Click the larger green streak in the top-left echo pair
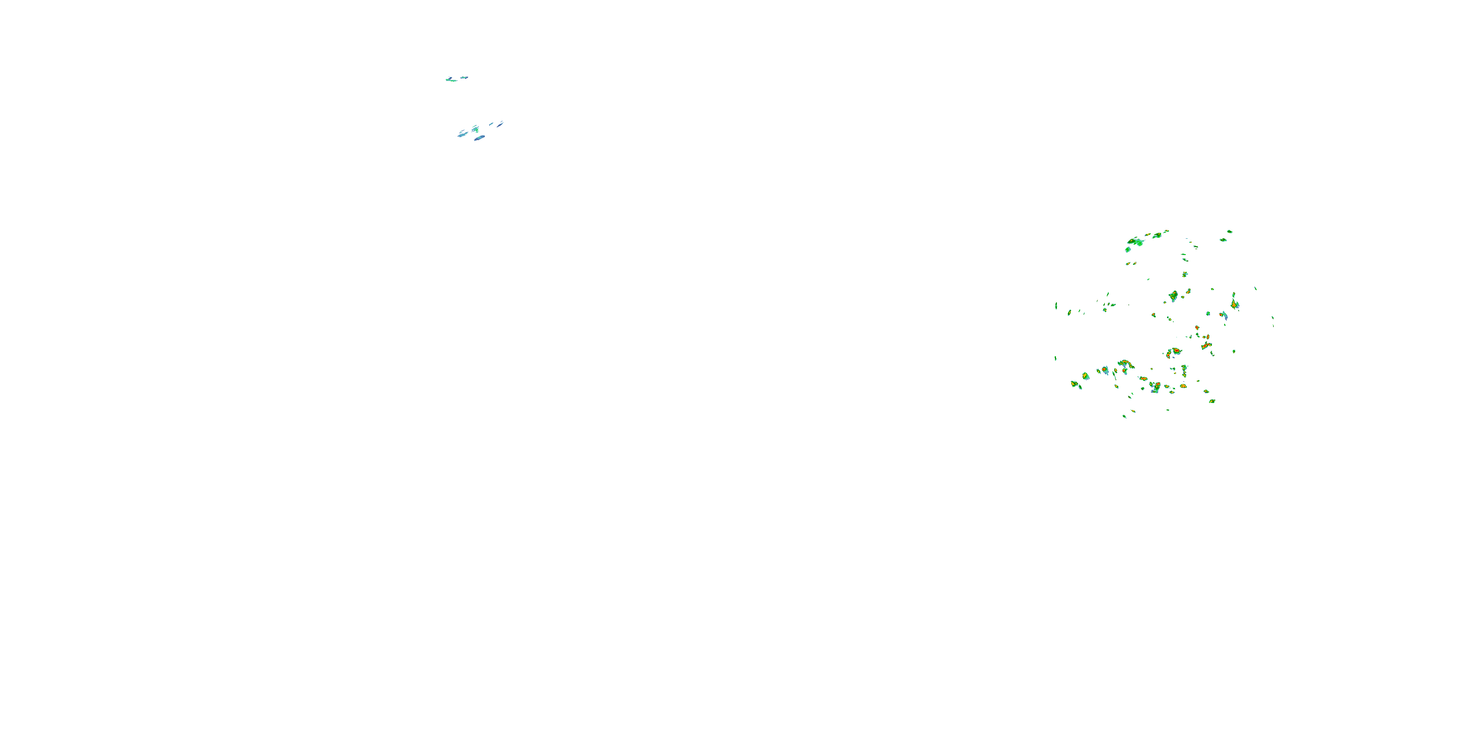451,79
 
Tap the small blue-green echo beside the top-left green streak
464,77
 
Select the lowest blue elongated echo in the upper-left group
479,138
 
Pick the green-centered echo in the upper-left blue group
475,129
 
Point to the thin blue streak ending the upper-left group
501,123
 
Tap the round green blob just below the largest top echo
1128,249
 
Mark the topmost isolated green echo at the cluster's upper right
1229,231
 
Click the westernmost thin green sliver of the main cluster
1055,306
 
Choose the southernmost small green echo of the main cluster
1125,416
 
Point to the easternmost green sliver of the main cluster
1273,317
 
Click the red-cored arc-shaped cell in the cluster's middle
1173,352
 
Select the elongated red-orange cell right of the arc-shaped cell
1206,345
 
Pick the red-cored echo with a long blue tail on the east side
1223,315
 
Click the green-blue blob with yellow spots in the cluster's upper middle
1173,296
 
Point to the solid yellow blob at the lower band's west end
1074,383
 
